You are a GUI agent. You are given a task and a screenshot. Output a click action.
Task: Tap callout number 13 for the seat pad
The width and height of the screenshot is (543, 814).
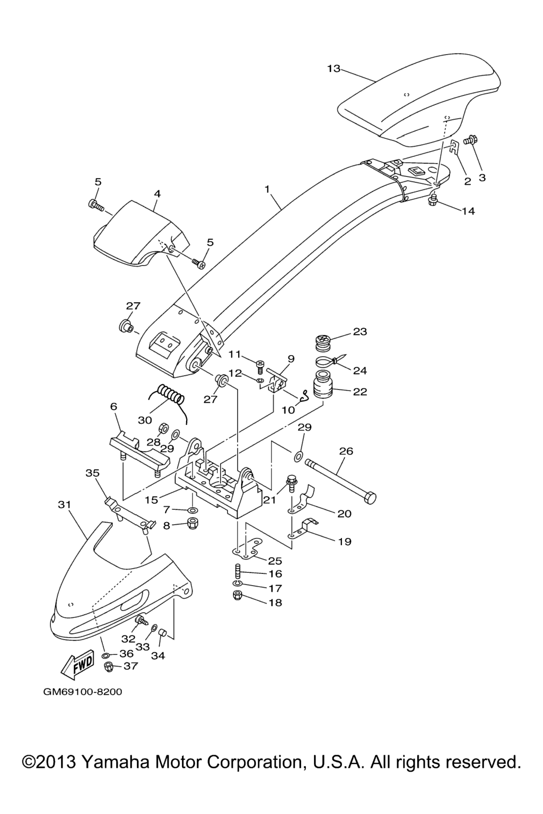(334, 68)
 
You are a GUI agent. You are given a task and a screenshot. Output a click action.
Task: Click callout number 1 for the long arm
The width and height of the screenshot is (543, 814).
(267, 189)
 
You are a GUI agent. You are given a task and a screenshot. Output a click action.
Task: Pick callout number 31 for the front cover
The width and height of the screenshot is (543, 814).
(64, 505)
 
